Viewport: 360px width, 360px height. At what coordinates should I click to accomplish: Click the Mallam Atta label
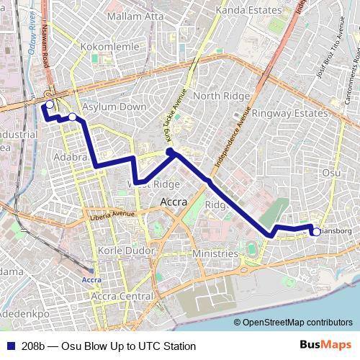point(135,14)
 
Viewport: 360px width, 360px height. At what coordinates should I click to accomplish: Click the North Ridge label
point(216,96)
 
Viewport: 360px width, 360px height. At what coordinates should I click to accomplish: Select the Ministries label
point(215,254)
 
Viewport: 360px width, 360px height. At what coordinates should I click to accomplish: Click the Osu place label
point(331,173)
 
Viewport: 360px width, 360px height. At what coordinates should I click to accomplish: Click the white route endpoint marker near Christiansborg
point(316,232)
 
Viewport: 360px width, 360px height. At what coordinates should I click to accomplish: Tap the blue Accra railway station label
point(91,279)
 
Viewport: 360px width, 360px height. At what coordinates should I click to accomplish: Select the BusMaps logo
point(325,346)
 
